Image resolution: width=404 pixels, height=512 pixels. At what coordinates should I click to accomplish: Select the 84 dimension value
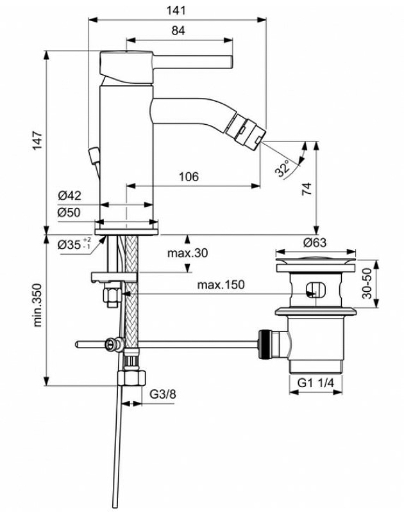click(178, 30)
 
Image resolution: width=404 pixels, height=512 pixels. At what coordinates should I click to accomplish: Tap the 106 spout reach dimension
click(188, 176)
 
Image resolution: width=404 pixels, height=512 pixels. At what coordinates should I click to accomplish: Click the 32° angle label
click(282, 169)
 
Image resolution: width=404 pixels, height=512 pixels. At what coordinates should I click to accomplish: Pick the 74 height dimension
click(307, 188)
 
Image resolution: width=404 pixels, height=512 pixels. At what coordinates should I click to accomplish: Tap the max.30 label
click(188, 253)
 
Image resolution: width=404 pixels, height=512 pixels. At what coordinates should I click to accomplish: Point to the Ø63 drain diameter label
click(314, 243)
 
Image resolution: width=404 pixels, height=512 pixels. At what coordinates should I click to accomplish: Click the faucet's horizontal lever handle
click(192, 61)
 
